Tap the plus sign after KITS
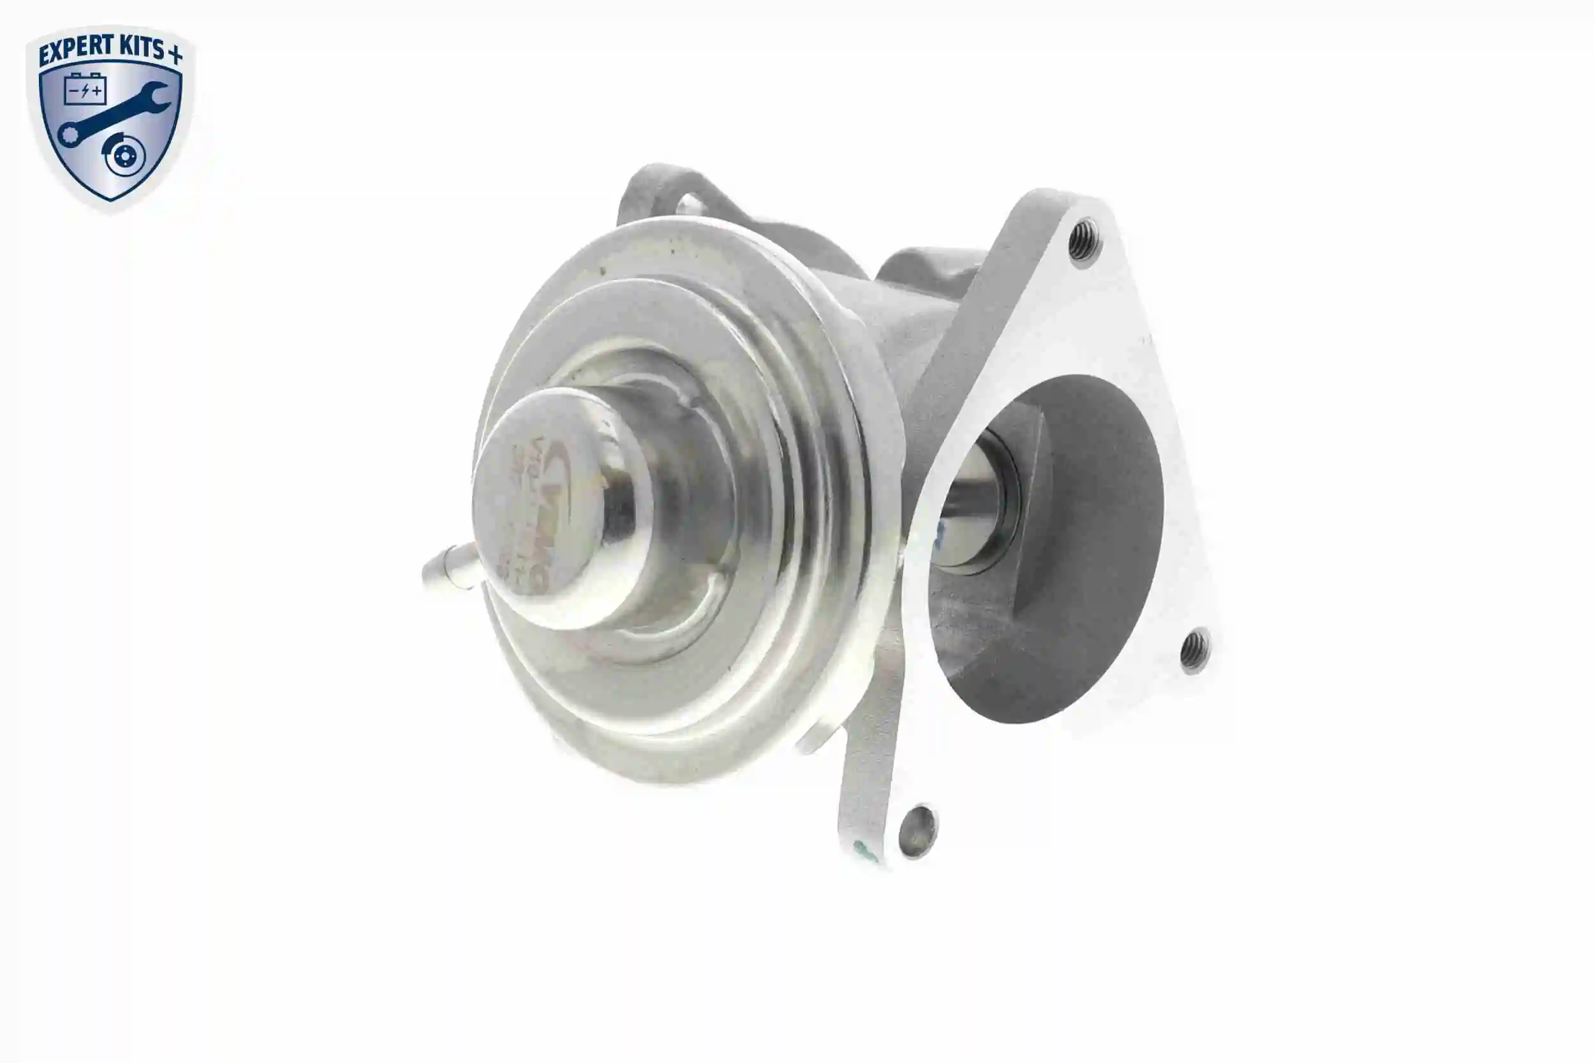click(x=175, y=54)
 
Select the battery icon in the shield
click(x=85, y=89)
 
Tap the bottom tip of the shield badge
click(x=110, y=199)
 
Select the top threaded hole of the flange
click(x=1084, y=239)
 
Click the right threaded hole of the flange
click(x=1194, y=649)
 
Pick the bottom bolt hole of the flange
click(x=918, y=831)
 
